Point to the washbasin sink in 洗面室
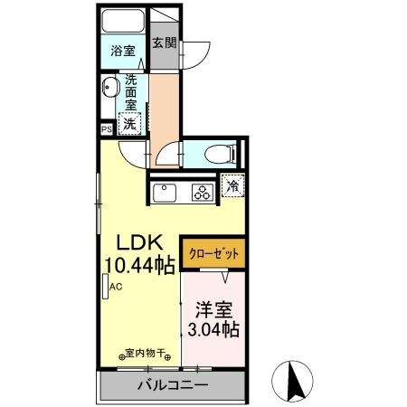click(x=111, y=89)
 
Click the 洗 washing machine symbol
click(x=130, y=123)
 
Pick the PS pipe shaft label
click(x=107, y=129)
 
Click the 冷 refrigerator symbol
click(x=232, y=187)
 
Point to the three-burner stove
click(x=200, y=192)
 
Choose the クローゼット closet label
click(x=213, y=255)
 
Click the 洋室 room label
click(x=214, y=308)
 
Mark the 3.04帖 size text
click(x=213, y=330)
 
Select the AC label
click(x=116, y=288)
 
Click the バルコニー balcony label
click(x=172, y=386)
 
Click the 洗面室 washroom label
click(x=131, y=91)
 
